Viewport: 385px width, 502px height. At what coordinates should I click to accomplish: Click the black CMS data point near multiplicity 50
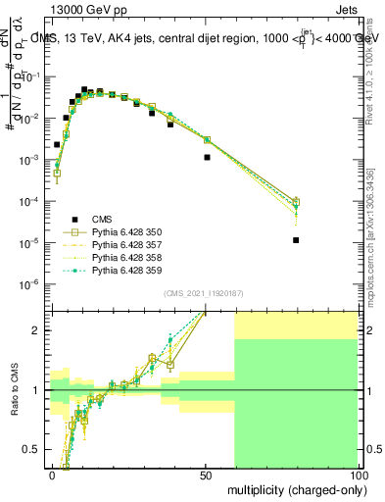[x=207, y=157]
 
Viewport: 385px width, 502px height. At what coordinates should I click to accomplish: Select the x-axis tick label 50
[x=205, y=475]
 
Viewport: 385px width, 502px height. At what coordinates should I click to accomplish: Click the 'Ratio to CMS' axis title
[x=14, y=389]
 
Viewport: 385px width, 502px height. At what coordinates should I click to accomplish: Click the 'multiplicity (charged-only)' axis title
[x=293, y=489]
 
